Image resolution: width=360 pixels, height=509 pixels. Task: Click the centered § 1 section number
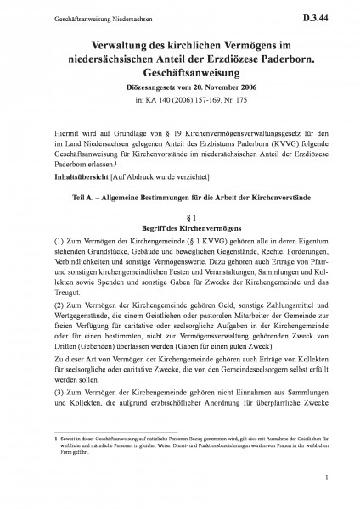(x=179, y=217)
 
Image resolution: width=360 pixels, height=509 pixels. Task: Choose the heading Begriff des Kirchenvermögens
(x=179, y=229)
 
